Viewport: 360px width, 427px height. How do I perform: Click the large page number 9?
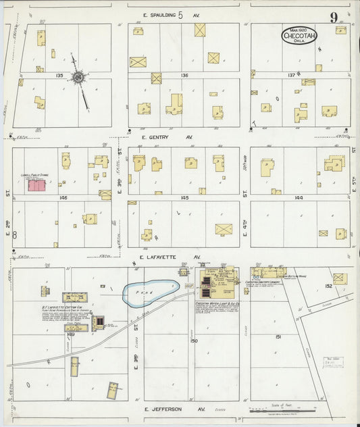[334, 17]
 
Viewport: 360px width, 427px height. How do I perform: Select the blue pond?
[150, 293]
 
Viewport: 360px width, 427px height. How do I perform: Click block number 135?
[60, 76]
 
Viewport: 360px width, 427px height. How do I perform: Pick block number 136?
[184, 76]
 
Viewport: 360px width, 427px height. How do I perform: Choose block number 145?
[184, 197]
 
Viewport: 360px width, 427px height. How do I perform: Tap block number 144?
[299, 197]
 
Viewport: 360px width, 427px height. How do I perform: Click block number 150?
[194, 341]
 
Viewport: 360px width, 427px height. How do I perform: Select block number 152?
[328, 286]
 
